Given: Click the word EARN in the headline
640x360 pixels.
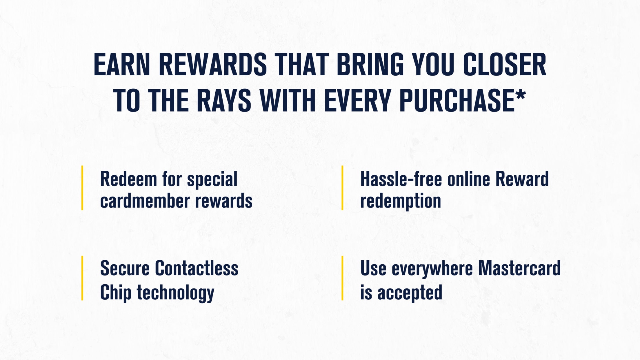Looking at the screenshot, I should pos(122,65).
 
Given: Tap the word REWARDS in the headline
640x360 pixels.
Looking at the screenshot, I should pos(213,65).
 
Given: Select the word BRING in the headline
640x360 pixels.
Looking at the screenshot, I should pos(370,65).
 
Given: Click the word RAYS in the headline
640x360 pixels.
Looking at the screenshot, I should pos(224,101).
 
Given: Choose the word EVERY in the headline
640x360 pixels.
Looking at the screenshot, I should pos(358,101).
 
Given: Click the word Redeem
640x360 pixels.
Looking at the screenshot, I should pos(128,179).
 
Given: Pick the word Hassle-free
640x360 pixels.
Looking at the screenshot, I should pos(401,179).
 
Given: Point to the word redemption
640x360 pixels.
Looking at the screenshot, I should pos(401,201).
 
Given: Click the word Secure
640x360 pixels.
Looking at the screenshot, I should pos(125,268).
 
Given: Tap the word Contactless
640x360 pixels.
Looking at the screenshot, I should pos(197,268).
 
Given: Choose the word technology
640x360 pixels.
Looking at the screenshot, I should pos(175,293).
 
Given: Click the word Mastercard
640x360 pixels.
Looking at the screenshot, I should pos(519,268).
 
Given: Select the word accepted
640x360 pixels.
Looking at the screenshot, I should pos(410,293).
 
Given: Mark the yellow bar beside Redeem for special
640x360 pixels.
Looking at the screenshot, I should pos(82,188).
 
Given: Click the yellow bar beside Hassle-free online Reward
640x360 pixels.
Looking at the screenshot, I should pos(342,188).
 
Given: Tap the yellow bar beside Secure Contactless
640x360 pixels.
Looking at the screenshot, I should pos(82,278).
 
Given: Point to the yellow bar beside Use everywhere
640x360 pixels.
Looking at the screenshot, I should pos(342,278).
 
